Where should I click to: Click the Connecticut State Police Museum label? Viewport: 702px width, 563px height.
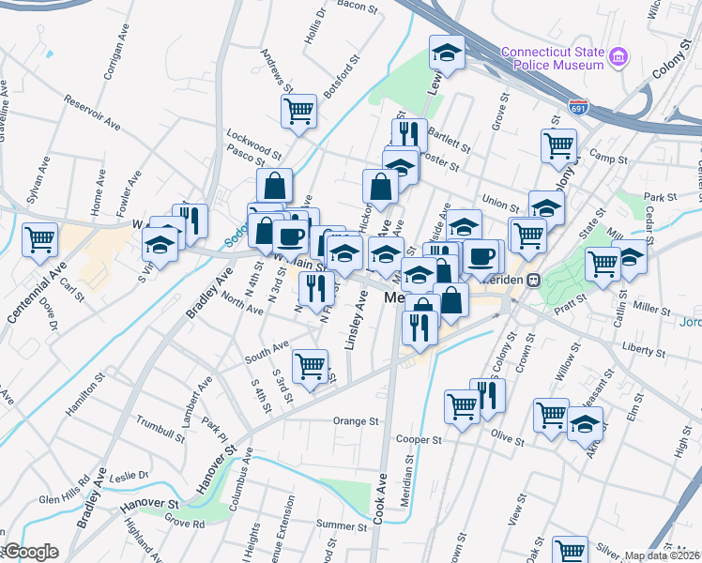pyautogui.click(x=552, y=58)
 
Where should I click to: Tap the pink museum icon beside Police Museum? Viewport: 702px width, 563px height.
pyautogui.click(x=618, y=58)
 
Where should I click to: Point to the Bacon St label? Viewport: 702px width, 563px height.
pyautogui.click(x=343, y=7)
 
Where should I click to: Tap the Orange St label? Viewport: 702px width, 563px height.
pyautogui.click(x=355, y=421)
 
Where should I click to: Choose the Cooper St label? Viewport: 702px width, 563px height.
pyautogui.click(x=419, y=439)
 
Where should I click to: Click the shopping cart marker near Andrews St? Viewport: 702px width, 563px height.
pyautogui.click(x=298, y=110)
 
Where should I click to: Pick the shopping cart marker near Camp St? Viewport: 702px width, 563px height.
pyautogui.click(x=558, y=145)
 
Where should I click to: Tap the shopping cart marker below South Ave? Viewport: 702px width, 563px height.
pyautogui.click(x=310, y=365)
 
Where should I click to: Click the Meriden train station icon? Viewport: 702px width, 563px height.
pyautogui.click(x=534, y=280)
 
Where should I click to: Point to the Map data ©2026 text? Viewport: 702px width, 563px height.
pyautogui.click(x=662, y=555)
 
